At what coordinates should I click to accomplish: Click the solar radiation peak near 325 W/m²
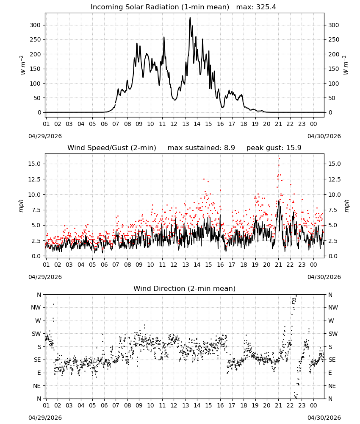(x=190, y=18)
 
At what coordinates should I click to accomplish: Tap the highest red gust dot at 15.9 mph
(x=279, y=159)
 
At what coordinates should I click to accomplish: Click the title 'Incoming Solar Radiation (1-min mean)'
(x=160, y=7)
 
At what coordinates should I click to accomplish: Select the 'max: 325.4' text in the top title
(x=256, y=7)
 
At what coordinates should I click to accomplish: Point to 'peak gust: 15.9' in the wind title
(x=274, y=148)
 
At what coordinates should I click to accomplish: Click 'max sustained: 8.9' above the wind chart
(x=201, y=148)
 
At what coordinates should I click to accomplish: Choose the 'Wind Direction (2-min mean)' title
(x=185, y=288)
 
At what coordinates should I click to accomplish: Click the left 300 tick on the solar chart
(x=35, y=25)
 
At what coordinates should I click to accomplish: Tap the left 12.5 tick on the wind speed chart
(x=35, y=179)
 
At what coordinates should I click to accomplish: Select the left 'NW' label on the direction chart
(x=36, y=308)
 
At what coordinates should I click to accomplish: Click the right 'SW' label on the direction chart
(x=333, y=334)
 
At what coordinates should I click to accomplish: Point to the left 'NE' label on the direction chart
(x=37, y=386)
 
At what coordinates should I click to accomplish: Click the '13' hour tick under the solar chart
(x=186, y=124)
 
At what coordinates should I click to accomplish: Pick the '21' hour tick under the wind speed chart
(x=278, y=265)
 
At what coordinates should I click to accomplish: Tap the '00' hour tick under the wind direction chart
(x=313, y=405)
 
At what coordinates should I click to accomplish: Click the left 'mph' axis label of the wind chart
(x=21, y=206)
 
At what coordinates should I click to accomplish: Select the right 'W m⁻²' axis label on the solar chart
(x=346, y=65)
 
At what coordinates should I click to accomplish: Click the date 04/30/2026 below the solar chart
(x=324, y=136)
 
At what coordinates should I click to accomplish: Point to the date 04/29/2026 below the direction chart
(x=45, y=418)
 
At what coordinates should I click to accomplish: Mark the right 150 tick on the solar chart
(x=334, y=69)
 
